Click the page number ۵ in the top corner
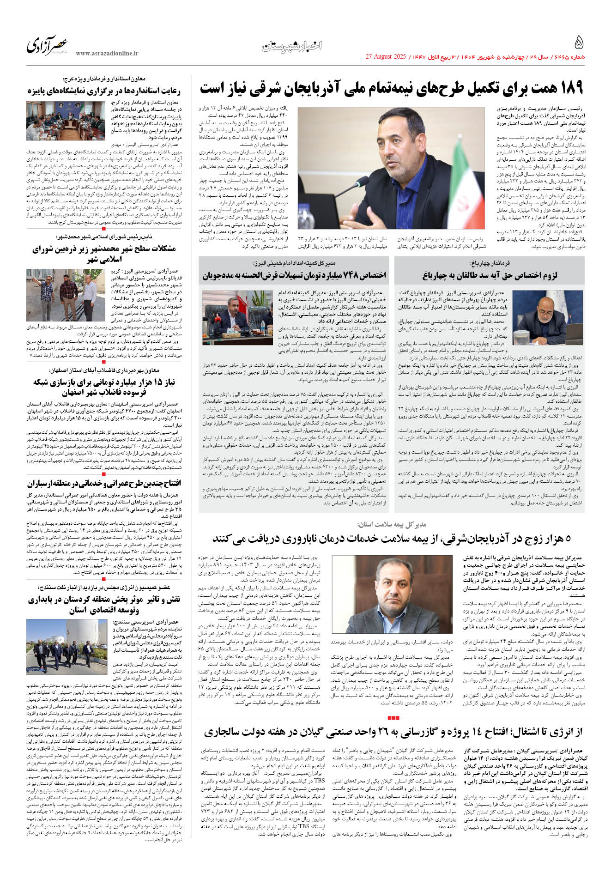[x=578, y=43]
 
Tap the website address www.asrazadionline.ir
[x=107, y=54]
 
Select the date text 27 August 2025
[x=385, y=57]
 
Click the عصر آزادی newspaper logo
[x=48, y=45]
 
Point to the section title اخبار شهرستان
[x=292, y=46]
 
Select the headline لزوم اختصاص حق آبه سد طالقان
[x=490, y=276]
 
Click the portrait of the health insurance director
[x=392, y=595]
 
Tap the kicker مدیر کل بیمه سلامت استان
[x=392, y=524]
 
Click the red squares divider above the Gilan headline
[x=393, y=717]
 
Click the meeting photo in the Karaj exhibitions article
[x=67, y=121]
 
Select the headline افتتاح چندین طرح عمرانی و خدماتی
[x=104, y=484]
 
